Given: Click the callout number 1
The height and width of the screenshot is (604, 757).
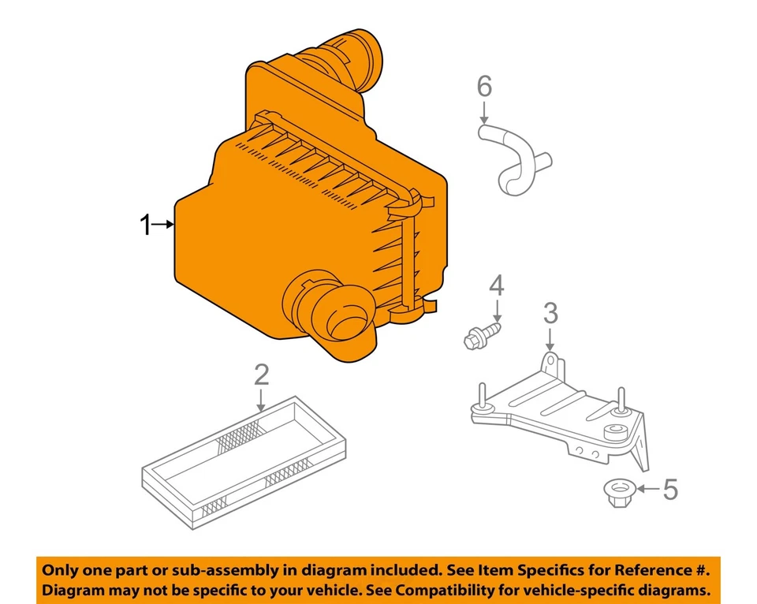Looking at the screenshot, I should (144, 226).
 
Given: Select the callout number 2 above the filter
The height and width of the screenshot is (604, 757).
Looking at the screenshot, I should (261, 376).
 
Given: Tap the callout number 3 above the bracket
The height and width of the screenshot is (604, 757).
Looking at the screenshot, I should (550, 313).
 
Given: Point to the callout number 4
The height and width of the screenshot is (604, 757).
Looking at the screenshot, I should (496, 285).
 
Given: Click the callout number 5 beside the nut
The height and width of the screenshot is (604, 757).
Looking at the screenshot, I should (669, 490).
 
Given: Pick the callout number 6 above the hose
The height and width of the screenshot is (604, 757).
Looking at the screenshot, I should (484, 85).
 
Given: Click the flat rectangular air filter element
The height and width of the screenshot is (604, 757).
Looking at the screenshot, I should (244, 461).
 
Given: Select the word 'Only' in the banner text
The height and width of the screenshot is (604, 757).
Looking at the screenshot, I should (62, 569).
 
